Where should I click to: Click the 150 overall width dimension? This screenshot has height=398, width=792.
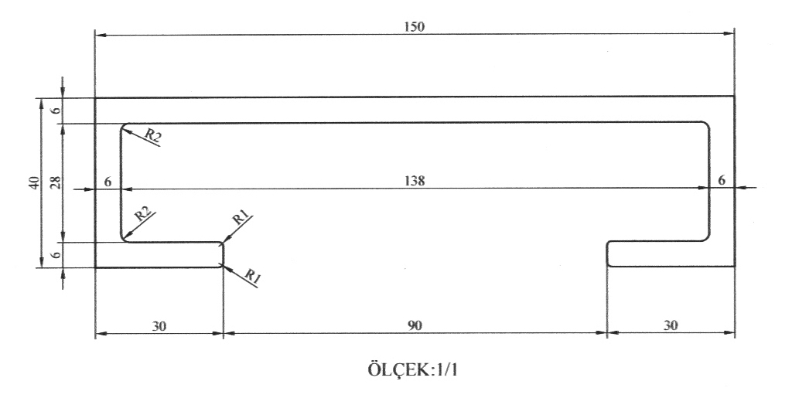tap(414, 26)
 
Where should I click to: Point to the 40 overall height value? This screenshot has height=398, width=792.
tap(33, 183)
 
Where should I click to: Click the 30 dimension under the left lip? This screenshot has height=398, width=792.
tap(159, 325)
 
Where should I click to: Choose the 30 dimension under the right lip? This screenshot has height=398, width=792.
tap(671, 325)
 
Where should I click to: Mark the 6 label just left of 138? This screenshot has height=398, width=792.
tap(108, 181)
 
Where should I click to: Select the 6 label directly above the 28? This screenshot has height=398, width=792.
tap(55, 111)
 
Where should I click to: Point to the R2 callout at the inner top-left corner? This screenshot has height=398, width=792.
tap(152, 136)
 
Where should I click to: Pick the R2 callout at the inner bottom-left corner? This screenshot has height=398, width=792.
tap(142, 214)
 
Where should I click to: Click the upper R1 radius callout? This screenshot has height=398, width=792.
tap(240, 219)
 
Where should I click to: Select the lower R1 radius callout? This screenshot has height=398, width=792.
tap(252, 275)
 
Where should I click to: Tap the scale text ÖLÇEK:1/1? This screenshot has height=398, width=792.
tap(414, 368)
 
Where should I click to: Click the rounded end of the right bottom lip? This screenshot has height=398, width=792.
tap(609, 253)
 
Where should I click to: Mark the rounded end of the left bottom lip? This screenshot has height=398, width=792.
tap(223, 254)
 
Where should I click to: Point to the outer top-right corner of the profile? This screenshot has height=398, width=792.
tap(733, 97)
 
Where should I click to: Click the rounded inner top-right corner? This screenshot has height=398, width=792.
tap(706, 125)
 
